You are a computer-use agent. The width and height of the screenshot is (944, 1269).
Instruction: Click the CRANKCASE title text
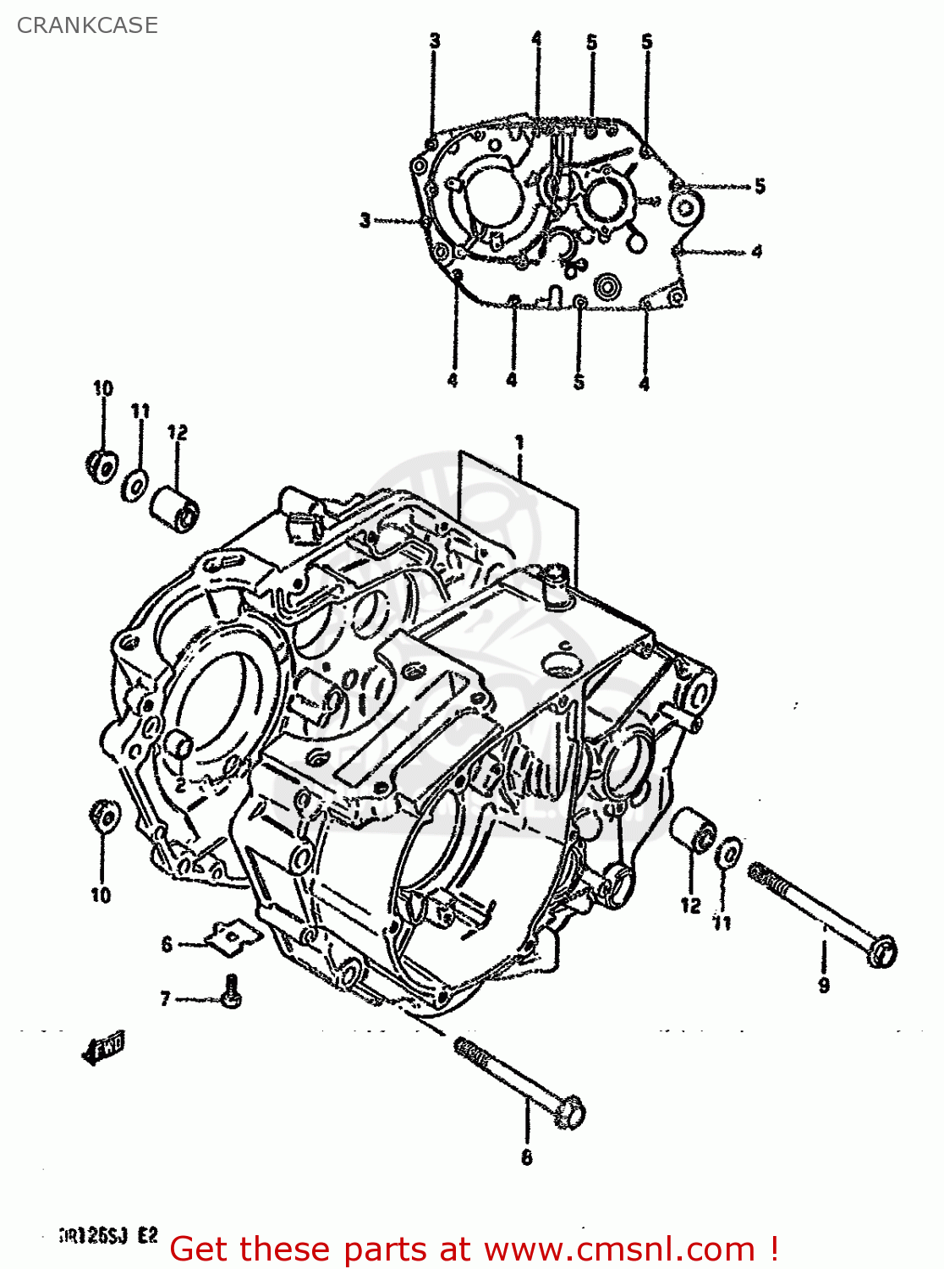click(87, 25)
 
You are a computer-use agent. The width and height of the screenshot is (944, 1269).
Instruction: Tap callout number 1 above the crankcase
click(519, 442)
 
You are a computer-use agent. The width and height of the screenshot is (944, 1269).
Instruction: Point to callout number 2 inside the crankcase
click(180, 785)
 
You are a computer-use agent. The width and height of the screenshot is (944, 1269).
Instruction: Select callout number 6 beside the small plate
click(167, 944)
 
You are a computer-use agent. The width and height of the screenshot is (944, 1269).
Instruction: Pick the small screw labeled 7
click(231, 991)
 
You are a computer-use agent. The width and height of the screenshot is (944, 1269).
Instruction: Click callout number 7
click(166, 999)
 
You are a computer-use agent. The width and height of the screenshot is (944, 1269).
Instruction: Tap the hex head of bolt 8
click(570, 1112)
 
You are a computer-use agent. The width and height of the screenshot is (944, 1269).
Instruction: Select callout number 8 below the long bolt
click(526, 1157)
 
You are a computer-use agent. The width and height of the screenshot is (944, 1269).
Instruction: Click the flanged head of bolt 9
click(882, 951)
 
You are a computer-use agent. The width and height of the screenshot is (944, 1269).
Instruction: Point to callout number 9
click(823, 985)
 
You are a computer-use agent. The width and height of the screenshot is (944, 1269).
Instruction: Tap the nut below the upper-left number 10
click(102, 466)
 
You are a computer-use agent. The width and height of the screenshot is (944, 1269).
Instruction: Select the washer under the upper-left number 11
click(135, 487)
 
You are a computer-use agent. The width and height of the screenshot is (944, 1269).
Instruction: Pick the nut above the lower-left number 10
click(105, 817)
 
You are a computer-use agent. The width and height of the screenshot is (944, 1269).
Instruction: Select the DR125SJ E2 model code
click(108, 1236)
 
